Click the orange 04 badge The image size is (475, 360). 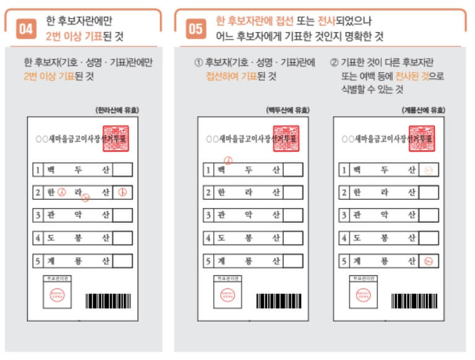26,28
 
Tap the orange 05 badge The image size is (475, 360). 196,28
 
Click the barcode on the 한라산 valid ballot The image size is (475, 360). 107,301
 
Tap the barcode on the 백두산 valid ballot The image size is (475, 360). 279,301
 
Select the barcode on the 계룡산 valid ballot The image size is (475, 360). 414,301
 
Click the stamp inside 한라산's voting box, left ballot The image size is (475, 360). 122,193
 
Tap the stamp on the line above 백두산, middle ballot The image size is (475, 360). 229,160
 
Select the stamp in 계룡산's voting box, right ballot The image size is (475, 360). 428,261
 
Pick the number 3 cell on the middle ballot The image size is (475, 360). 208,216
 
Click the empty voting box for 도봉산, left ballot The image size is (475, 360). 122,238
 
